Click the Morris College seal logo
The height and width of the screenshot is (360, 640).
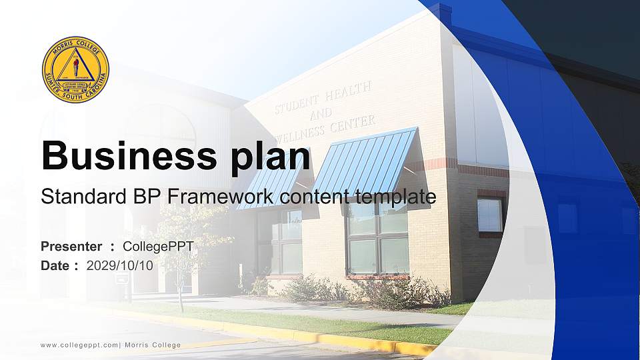pos(75,69)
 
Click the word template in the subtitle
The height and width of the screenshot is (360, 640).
pos(395,197)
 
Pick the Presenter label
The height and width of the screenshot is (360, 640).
pos(71,247)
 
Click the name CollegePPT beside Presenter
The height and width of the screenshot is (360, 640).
pos(159,247)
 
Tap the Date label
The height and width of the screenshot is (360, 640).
pos(55,265)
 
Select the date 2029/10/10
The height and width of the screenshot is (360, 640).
pos(120,265)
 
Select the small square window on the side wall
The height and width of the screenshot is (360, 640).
pos(490,215)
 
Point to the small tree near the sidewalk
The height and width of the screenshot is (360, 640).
pos(181,253)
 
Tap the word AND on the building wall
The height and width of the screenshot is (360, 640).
pos(321,113)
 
